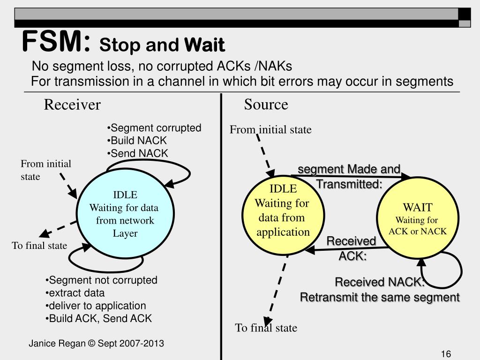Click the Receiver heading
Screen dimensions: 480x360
coord(72,105)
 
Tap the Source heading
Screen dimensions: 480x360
coord(266,105)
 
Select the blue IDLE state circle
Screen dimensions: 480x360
coord(125,213)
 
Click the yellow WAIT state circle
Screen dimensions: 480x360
coord(418,217)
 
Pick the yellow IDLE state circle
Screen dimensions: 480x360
coord(283,215)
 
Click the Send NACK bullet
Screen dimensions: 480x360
coord(137,153)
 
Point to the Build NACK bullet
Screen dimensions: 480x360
coord(136,141)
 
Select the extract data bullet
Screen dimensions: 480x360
coord(75,293)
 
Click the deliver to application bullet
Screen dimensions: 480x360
coord(96,306)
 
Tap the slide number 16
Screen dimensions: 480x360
coord(446,353)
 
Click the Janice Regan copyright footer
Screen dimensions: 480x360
coord(96,343)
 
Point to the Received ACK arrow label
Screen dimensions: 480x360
coord(352,248)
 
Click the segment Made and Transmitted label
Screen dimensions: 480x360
coord(349,177)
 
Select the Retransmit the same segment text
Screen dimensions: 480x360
coord(380,297)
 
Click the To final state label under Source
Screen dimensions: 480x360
coord(266,328)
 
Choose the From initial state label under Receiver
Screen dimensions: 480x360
coord(46,170)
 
